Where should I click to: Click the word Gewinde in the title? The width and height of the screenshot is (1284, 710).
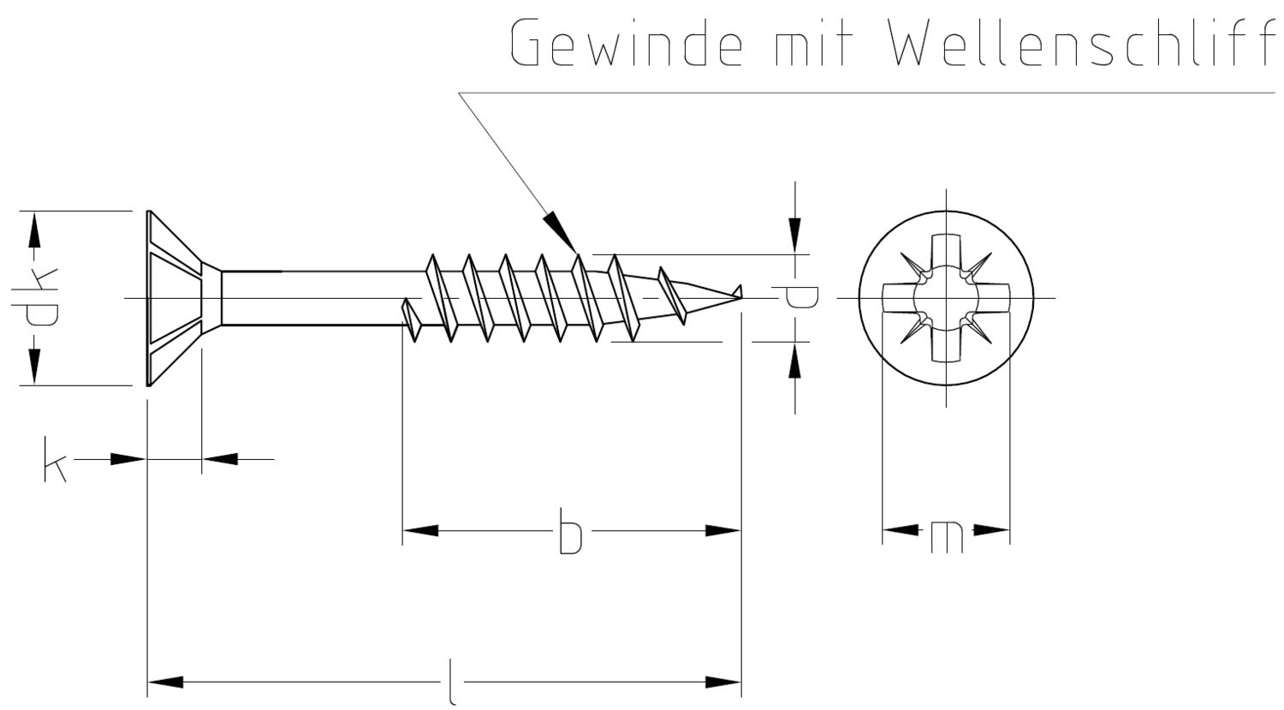[626, 42]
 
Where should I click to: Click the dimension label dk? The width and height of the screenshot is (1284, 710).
[34, 298]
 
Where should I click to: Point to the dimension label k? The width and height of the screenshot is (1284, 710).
[56, 459]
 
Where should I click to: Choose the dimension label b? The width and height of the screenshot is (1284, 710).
[570, 530]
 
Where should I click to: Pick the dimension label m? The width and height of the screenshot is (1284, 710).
[947, 537]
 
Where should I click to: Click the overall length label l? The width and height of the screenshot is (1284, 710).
[452, 682]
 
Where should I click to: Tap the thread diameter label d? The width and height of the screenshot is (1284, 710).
[801, 298]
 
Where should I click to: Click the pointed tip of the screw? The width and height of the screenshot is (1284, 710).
[742, 296]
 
